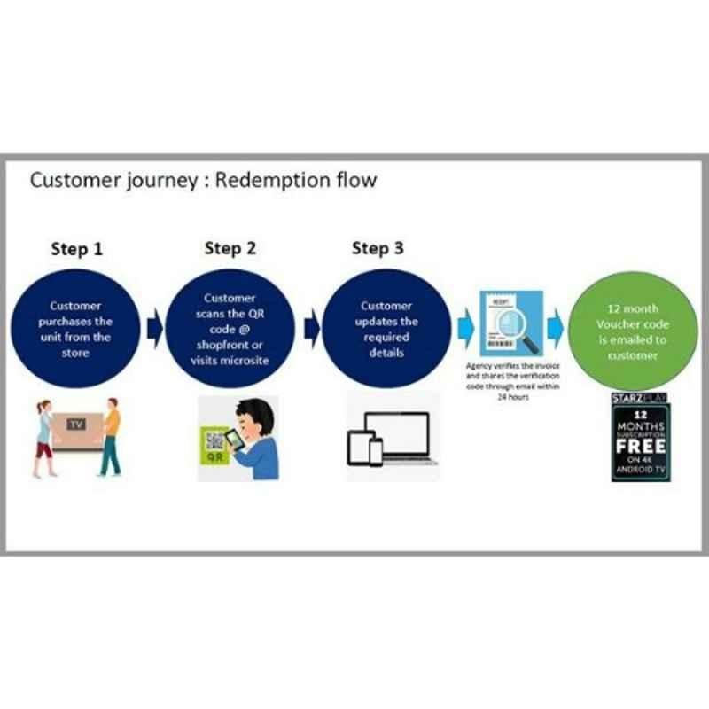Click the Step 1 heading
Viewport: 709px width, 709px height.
point(75,249)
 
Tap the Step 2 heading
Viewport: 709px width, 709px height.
point(230,248)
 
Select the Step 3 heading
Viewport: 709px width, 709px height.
point(377,248)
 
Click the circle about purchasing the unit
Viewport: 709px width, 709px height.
point(81,327)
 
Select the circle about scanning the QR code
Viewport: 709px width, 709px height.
point(230,327)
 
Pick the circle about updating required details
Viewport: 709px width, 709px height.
point(386,327)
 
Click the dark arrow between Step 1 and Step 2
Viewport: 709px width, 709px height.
point(155,328)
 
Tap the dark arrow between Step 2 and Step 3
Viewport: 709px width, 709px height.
point(311,328)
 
